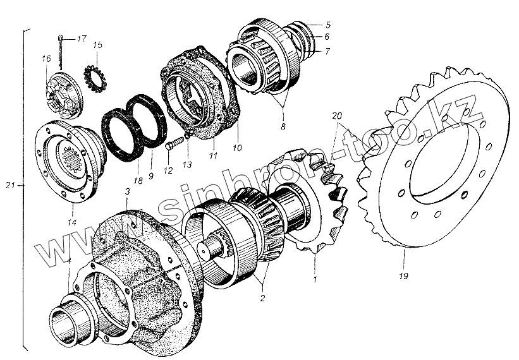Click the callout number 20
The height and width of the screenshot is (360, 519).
(x=336, y=116)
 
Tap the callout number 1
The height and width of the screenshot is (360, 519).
(x=315, y=277)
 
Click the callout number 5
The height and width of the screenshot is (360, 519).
(x=327, y=25)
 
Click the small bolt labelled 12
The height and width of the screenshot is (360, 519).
(x=171, y=145)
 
